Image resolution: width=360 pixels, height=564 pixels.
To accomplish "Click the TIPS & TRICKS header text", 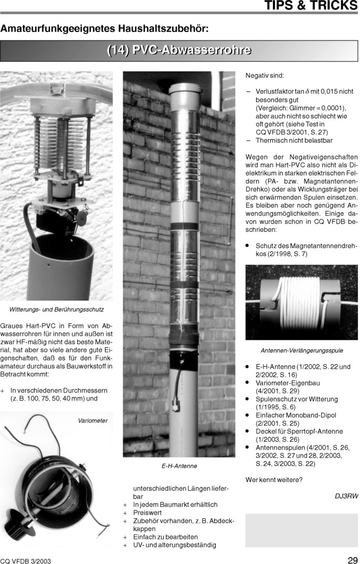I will click(311, 6).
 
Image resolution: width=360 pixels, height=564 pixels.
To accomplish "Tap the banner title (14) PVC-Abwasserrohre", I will click(179, 51).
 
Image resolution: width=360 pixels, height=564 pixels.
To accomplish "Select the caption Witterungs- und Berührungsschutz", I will click(57, 309).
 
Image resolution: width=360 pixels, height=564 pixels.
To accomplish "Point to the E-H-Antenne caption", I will click(178, 466).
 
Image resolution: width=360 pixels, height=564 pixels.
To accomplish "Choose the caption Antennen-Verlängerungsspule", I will click(301, 350).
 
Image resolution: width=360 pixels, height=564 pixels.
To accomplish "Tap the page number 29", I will click(352, 559).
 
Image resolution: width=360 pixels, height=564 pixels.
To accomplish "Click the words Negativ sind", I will click(264, 76).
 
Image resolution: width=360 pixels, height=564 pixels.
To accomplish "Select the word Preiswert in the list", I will click(147, 513).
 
